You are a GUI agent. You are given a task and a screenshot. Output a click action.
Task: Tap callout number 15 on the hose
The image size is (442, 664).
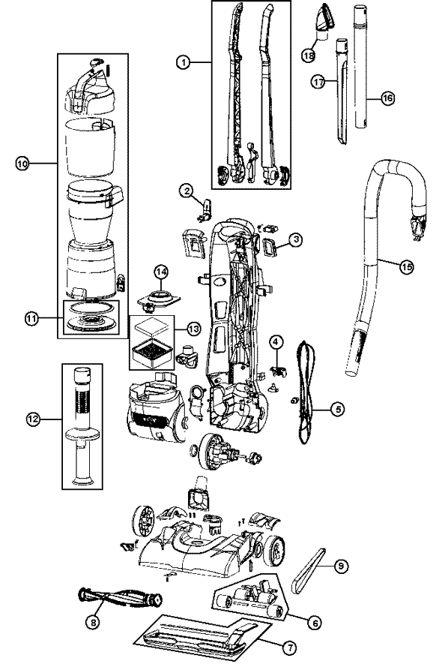point(407,268)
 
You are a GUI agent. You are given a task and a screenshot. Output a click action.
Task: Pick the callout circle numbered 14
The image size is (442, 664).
point(160,271)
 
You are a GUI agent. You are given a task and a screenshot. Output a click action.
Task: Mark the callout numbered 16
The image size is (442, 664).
point(387,98)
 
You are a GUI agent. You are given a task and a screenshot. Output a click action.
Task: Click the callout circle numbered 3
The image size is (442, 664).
point(297,240)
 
